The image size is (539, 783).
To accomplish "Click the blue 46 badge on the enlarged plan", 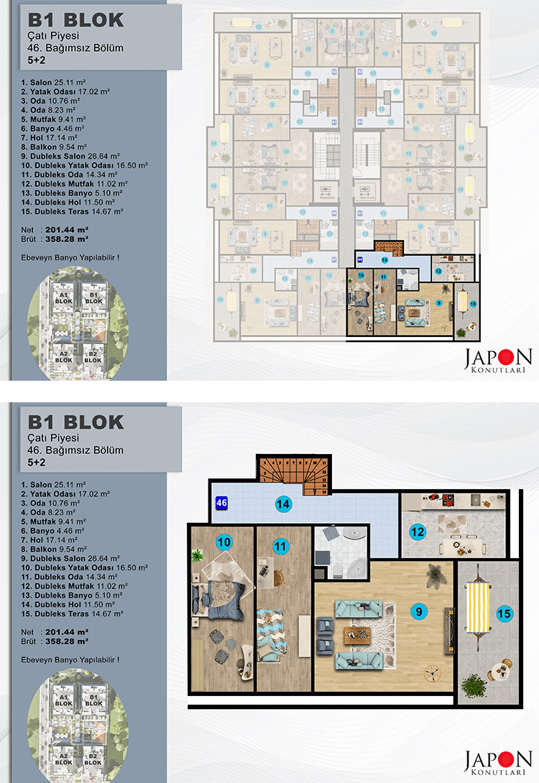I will point(221,504).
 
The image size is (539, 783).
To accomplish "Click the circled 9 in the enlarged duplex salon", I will point(416,611).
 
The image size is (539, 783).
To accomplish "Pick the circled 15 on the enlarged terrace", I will point(504,613).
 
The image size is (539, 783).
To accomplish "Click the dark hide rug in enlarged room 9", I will point(436,575).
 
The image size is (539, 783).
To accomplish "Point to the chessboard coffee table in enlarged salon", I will point(356,634).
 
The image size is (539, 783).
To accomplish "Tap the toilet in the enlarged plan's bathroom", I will point(336,570).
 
